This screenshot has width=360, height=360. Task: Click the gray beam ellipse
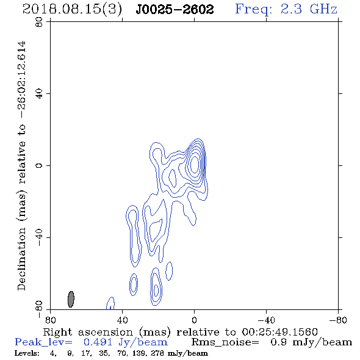click(71, 299)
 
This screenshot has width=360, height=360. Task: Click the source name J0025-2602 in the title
click(175, 9)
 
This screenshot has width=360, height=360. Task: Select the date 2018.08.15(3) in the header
click(72, 10)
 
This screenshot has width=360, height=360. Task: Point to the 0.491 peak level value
click(98, 342)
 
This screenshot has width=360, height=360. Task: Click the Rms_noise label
click(225, 342)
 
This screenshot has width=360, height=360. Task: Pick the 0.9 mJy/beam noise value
click(311, 342)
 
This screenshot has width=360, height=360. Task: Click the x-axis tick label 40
click(122, 320)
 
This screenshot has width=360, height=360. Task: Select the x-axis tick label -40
click(266, 320)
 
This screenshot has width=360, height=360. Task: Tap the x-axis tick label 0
click(194, 320)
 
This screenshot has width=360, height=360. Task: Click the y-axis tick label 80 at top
click(39, 22)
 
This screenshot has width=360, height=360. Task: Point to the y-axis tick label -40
click(39, 237)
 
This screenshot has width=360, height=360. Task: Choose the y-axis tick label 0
click(39, 165)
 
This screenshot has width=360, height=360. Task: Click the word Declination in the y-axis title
click(21, 259)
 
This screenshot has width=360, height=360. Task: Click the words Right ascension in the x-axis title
click(88, 333)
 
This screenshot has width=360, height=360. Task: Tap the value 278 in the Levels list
click(158, 353)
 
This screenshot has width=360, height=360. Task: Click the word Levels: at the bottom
click(27, 353)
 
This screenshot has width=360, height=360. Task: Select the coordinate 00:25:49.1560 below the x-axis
click(279, 332)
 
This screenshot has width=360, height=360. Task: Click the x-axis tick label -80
click(338, 320)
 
